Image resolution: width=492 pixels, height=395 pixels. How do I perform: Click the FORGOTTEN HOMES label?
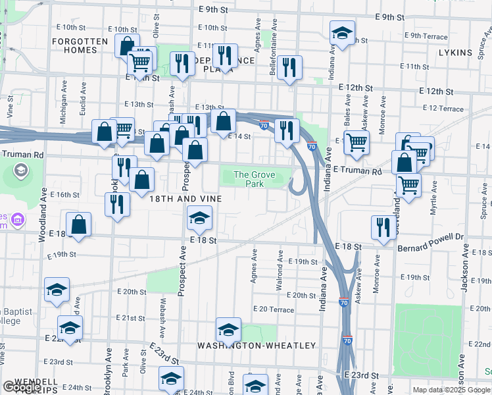(81, 45)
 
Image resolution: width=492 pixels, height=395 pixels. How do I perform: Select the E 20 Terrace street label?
(273, 309)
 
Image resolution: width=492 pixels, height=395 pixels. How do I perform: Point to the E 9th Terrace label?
(426, 36)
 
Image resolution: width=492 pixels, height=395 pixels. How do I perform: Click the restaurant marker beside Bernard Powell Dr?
(381, 227)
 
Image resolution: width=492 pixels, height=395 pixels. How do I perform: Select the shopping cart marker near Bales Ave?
(356, 142)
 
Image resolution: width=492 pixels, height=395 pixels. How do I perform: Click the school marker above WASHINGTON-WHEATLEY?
(228, 329)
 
